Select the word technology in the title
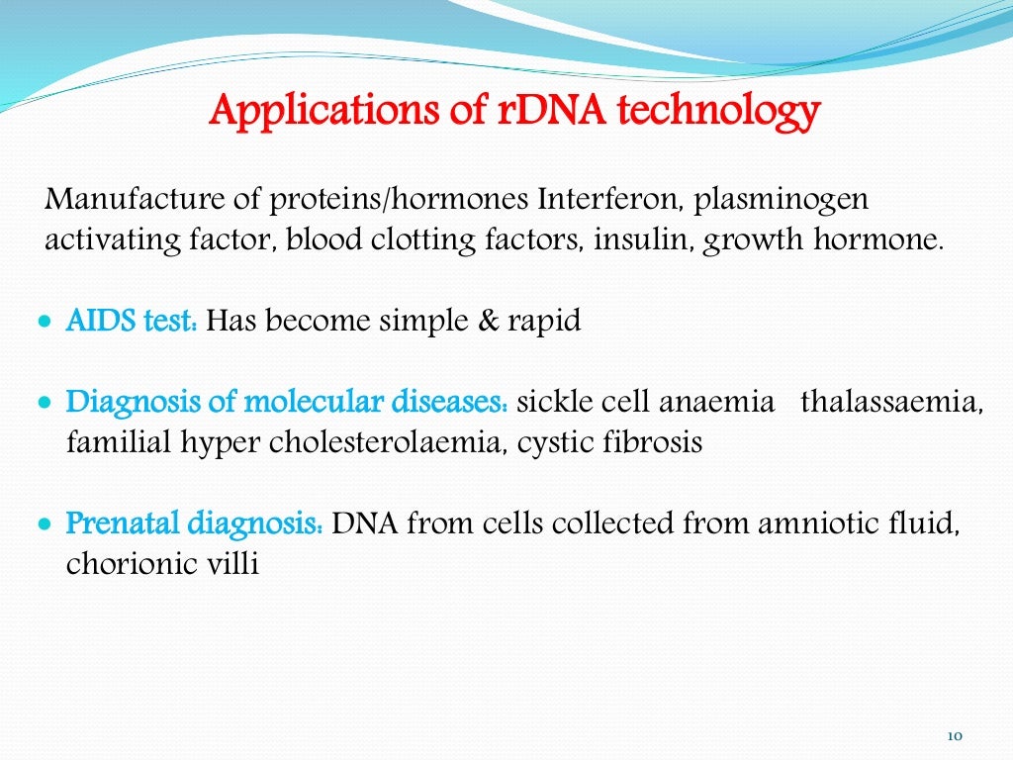(719, 111)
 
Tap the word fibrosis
(656, 443)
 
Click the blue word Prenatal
(122, 523)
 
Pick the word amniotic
(818, 523)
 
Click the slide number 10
(955, 735)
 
